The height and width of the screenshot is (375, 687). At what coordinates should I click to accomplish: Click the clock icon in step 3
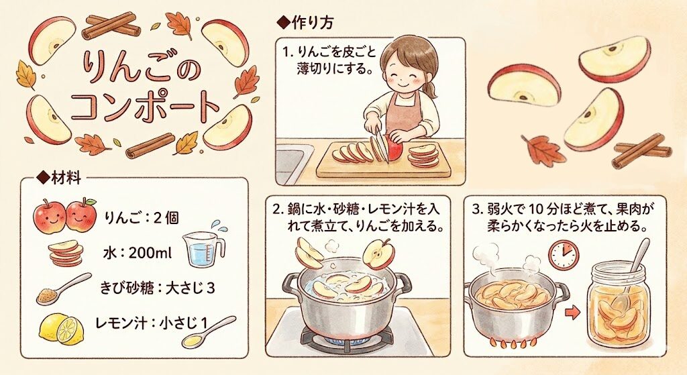(564, 254)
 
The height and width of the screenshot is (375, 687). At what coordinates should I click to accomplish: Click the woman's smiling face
(403, 72)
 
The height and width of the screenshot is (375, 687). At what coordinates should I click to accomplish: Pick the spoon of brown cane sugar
(63, 288)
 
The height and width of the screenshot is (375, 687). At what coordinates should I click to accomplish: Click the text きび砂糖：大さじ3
(157, 288)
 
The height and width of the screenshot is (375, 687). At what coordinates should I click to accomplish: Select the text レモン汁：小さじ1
(151, 323)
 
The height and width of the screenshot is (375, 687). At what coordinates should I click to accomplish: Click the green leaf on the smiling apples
(90, 202)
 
